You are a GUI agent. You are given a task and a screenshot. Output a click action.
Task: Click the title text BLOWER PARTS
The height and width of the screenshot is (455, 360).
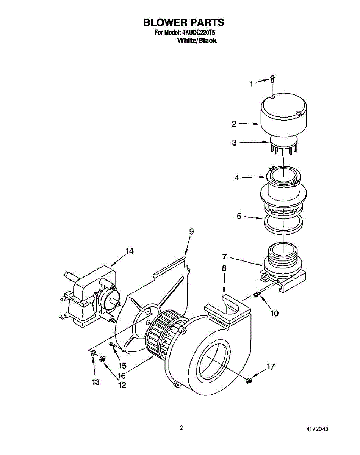pos(183,22)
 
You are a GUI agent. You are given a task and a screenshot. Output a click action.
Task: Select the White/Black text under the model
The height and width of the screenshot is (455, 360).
pos(197,41)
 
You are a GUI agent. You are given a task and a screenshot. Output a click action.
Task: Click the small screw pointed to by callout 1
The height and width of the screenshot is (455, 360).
pos(272,79)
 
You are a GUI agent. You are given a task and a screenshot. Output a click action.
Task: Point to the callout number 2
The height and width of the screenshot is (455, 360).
pos(234,123)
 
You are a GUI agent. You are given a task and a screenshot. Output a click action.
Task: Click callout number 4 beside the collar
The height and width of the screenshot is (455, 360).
pos(237,177)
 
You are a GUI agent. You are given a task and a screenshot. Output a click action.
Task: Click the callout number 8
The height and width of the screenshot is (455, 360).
pos(224,268)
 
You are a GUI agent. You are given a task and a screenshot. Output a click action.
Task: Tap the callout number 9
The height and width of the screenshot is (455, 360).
pos(191,232)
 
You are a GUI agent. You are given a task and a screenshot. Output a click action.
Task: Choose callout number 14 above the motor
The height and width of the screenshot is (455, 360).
pos(130,251)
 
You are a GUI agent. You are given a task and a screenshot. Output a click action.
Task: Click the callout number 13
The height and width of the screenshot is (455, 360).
pos(95,382)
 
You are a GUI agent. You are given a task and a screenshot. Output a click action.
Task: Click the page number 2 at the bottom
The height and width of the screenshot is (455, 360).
pos(181,428)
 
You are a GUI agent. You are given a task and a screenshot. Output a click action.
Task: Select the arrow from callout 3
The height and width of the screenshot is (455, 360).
pos(255,143)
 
